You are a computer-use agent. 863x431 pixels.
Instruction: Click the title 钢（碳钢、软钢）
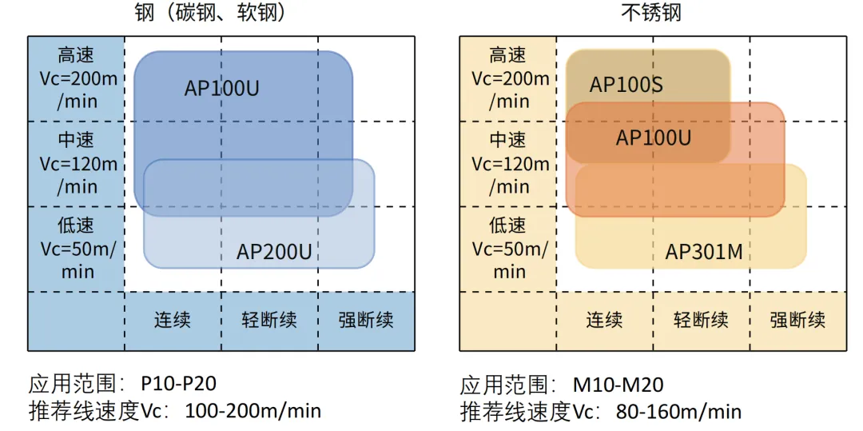pos(212,11)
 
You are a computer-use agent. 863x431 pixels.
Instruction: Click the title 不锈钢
pos(650,11)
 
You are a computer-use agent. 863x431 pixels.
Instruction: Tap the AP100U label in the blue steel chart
pos(221,88)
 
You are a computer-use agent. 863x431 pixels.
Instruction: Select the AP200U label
pos(274,252)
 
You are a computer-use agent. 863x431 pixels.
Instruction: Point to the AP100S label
pos(626,85)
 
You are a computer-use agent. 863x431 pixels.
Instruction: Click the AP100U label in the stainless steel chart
pos(653,137)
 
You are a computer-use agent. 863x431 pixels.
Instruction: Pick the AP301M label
pos(704,252)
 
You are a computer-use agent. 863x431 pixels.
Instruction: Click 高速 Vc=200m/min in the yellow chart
pos(510,78)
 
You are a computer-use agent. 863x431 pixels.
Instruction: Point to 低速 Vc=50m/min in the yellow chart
pos(510,249)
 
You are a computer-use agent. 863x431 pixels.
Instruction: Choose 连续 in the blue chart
pos(173,321)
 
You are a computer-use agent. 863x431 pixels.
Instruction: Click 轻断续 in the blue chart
pos(270,321)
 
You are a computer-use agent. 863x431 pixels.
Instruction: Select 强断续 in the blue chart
pos(366,321)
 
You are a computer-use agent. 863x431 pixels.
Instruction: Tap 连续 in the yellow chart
pos(604,321)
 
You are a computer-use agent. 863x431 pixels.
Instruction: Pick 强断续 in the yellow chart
pos(797,321)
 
